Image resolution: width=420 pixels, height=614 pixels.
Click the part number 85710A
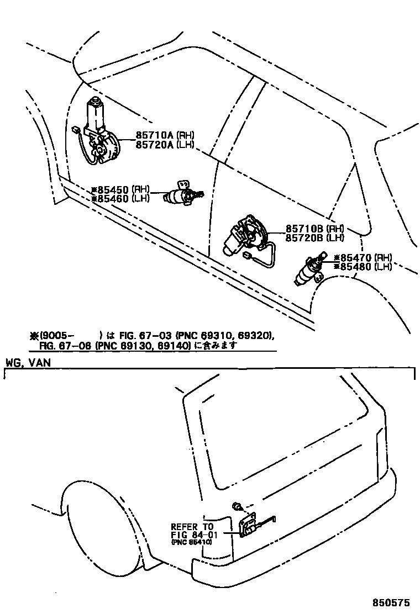(154, 134)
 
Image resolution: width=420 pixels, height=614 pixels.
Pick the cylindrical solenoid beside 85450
(180, 194)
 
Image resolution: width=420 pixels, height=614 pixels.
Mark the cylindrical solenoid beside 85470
(307, 271)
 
